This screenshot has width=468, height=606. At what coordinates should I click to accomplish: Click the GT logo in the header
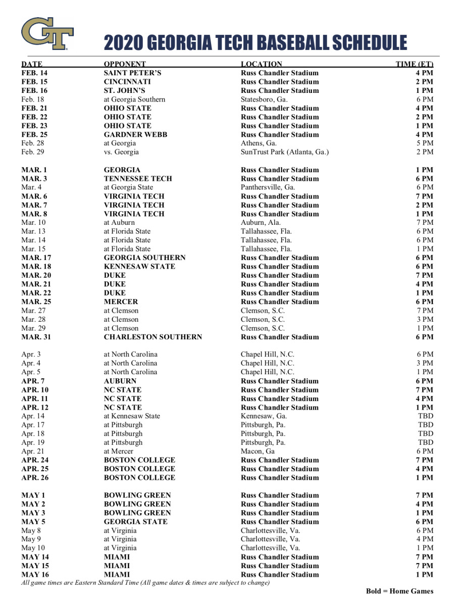coord(47,33)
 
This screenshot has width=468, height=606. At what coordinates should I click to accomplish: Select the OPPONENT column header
coord(125,64)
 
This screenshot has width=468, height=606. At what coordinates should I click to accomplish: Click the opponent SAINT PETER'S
coord(132,73)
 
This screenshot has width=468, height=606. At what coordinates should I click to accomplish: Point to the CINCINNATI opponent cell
coord(127,82)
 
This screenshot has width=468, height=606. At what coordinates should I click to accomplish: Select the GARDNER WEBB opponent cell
coord(135,134)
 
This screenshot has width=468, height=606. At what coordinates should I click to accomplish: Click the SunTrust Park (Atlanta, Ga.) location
coord(285,152)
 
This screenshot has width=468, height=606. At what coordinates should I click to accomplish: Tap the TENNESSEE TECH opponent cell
coord(138,179)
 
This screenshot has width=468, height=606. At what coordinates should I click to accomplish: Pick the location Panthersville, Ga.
coord(268,187)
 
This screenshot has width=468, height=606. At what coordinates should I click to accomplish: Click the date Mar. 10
coord(33,223)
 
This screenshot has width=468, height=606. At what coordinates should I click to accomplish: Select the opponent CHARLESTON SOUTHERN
coord(152,337)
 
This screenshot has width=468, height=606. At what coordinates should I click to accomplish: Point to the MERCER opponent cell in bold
coord(121,301)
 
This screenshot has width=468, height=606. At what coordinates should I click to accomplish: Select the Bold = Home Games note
coord(399,591)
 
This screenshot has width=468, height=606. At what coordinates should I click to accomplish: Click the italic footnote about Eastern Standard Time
coord(145,583)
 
